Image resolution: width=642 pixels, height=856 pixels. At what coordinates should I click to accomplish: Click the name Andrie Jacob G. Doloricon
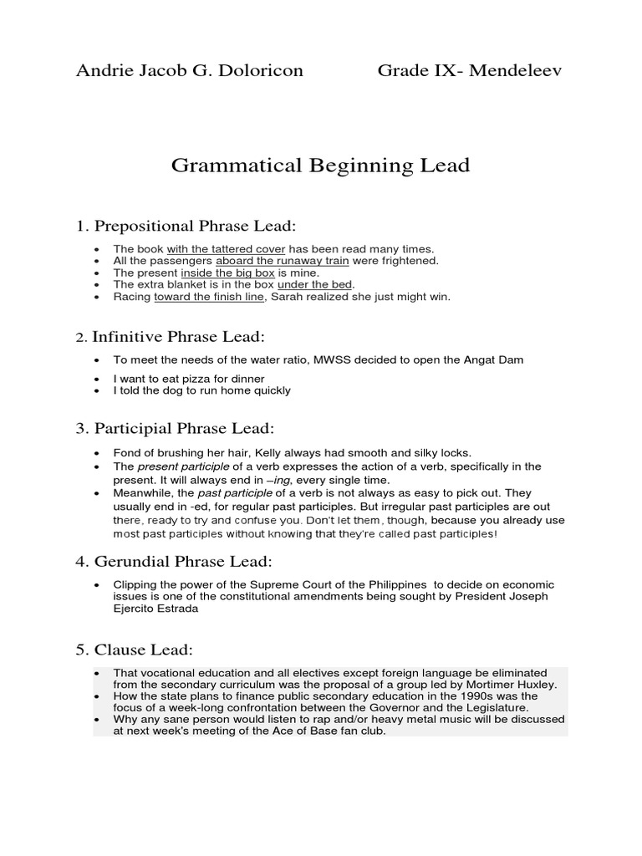pos(190,70)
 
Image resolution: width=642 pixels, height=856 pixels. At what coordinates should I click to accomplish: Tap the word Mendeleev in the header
pos(515,70)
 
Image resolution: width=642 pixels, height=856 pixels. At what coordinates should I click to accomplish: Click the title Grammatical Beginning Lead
pos(320,166)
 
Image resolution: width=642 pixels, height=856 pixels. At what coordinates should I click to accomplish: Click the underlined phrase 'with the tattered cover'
pos(226,249)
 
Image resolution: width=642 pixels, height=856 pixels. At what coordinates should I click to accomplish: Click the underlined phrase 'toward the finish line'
pos(207,296)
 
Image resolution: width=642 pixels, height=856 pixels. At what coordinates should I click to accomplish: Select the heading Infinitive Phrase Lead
pos(178,337)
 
